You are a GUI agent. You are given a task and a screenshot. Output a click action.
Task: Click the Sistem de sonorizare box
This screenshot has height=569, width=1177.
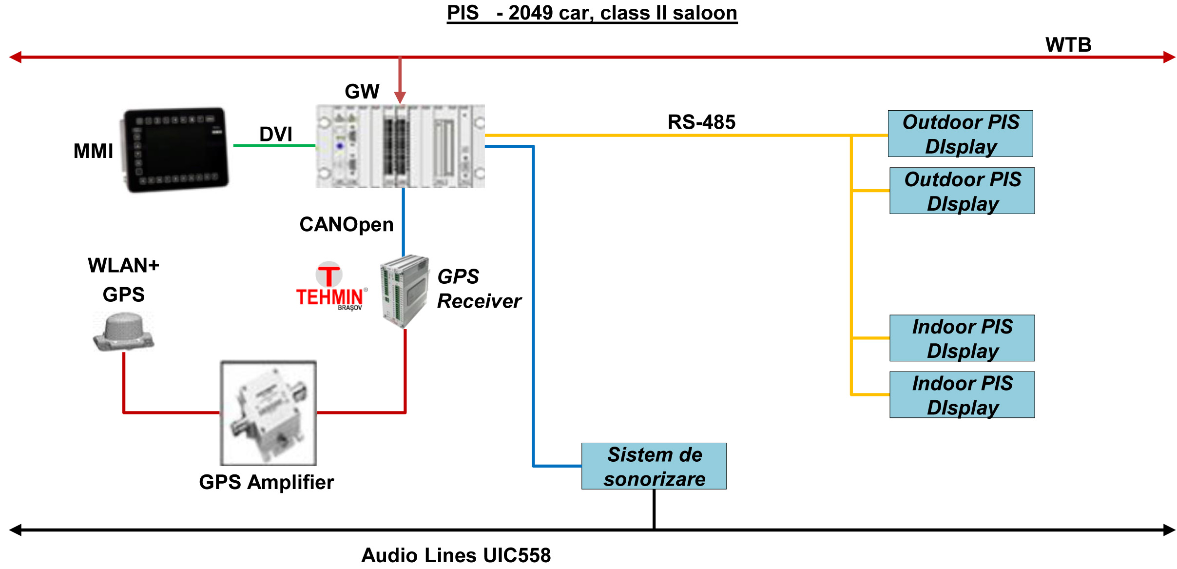(x=654, y=466)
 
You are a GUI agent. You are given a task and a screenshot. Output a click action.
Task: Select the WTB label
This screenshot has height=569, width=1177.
(x=1068, y=45)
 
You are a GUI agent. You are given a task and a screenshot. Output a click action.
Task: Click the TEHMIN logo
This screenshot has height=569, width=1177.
(x=330, y=287)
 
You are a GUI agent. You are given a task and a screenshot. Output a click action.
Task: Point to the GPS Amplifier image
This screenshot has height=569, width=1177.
(x=269, y=413)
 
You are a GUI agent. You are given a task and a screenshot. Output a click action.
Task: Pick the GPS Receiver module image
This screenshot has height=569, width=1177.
(x=405, y=291)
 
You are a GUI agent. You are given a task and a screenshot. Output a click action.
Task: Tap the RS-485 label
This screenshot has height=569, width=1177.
(x=701, y=122)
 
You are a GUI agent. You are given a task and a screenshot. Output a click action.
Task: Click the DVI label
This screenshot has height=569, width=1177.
(x=275, y=134)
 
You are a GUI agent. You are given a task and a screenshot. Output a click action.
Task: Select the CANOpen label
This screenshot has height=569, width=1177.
(x=346, y=225)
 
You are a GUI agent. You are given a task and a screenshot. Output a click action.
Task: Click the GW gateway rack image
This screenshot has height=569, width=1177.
(x=400, y=146)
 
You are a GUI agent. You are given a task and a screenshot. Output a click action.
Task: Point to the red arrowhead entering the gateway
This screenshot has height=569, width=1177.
(x=400, y=98)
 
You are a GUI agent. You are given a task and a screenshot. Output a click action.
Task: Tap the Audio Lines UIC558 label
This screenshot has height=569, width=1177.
(x=456, y=555)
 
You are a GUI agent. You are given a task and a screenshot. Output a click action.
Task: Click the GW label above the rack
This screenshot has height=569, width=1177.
(x=362, y=92)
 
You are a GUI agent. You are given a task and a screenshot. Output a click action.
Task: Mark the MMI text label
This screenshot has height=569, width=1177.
(x=93, y=151)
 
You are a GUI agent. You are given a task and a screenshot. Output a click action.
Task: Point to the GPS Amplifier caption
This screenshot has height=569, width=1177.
(x=266, y=482)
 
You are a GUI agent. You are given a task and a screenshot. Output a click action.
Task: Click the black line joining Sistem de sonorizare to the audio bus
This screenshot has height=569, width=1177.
(x=654, y=509)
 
